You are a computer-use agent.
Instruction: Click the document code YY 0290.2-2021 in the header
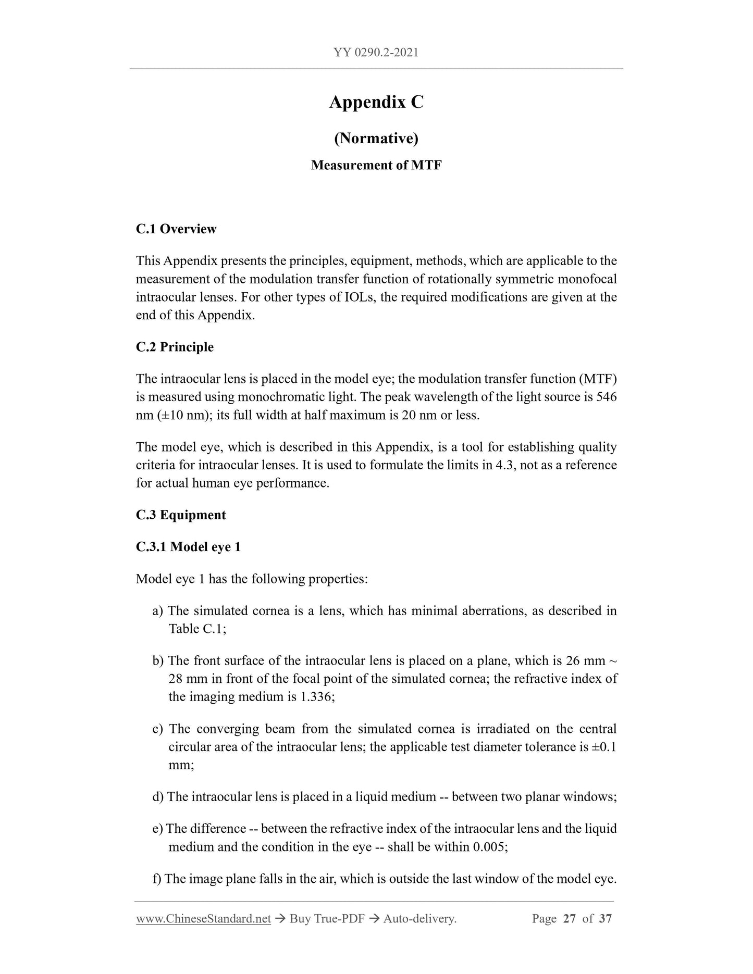(376, 53)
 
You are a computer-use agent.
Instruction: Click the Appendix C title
(376, 102)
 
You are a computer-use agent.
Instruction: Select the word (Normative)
(376, 138)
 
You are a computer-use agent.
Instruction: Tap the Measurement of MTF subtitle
(376, 166)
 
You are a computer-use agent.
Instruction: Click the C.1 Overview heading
(176, 229)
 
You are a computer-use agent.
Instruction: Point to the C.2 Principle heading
(175, 347)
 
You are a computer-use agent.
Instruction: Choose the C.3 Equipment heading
(181, 515)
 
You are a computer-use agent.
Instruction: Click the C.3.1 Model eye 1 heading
(188, 547)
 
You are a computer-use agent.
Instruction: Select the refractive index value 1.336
(317, 697)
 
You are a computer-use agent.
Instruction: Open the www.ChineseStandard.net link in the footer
(203, 919)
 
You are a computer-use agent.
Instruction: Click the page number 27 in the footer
(570, 919)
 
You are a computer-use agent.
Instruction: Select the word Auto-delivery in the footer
(419, 919)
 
